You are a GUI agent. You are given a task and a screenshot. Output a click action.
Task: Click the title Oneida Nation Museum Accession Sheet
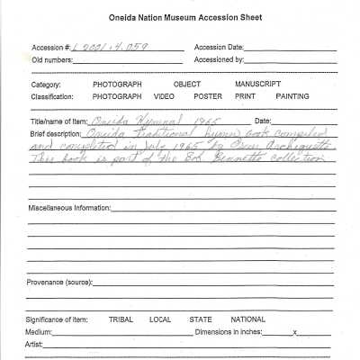click(179, 19)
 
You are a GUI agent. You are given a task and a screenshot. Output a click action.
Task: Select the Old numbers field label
click(53, 60)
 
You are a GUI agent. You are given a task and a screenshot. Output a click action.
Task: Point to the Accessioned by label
click(220, 60)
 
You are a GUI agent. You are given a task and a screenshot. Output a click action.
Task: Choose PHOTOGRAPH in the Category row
click(117, 85)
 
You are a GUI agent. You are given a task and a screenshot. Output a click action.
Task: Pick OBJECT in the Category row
click(186, 85)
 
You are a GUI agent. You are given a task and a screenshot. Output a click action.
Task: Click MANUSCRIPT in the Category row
click(258, 85)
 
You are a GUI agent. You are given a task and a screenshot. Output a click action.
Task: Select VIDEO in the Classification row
click(164, 95)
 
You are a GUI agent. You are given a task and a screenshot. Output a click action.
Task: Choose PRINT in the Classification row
click(246, 95)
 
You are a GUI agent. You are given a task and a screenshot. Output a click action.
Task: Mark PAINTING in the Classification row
click(292, 95)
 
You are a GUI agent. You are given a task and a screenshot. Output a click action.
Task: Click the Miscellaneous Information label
click(68, 207)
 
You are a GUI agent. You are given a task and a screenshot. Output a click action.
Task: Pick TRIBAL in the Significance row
click(121, 319)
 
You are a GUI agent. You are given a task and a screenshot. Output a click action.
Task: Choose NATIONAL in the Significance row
click(247, 319)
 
